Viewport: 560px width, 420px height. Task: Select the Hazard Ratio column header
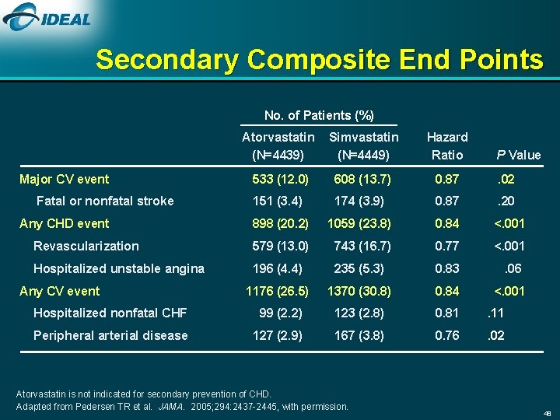(x=447, y=145)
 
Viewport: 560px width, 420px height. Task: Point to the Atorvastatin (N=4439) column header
(x=278, y=145)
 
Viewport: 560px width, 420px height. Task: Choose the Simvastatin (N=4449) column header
(x=363, y=145)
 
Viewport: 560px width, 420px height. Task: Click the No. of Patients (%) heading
(x=319, y=115)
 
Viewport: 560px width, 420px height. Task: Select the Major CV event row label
(x=64, y=179)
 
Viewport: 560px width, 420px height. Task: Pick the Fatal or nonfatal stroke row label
(x=105, y=201)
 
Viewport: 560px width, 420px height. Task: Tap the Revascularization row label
(x=86, y=246)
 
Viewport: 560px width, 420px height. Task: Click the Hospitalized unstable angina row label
(x=119, y=268)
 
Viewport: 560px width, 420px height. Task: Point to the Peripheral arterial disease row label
(x=110, y=335)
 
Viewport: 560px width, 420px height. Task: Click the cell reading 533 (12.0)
(x=280, y=179)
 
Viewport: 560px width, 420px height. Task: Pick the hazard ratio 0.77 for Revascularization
(x=447, y=246)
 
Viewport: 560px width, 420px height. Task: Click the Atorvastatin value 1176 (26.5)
(x=277, y=291)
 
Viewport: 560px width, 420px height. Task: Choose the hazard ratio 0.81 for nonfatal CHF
(x=447, y=313)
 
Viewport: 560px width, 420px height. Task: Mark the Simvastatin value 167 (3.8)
(x=359, y=335)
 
